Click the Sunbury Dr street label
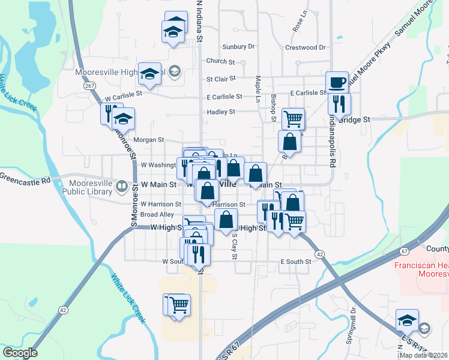tap(238, 46)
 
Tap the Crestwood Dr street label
tap(306, 47)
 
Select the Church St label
tap(220, 61)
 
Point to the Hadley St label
tap(221, 112)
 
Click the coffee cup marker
tap(337, 82)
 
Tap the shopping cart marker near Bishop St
tap(293, 118)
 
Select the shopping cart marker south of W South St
tap(178, 304)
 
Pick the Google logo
tap(20, 353)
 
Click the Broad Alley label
tap(157, 214)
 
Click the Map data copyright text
tap(423, 355)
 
